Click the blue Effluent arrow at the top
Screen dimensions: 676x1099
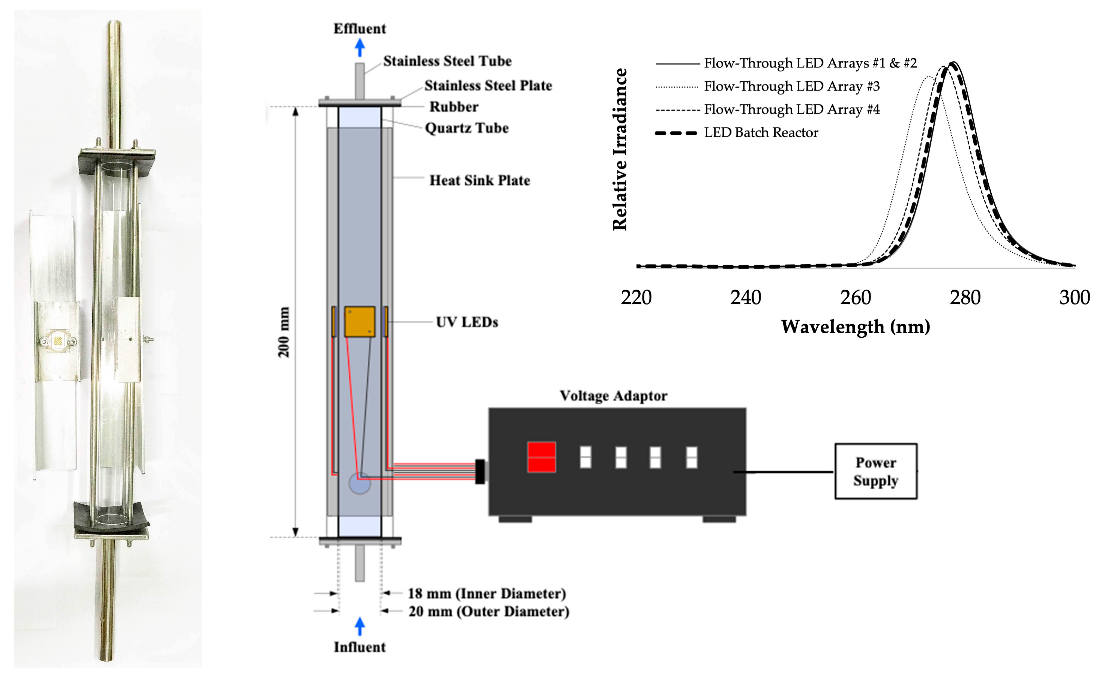[x=360, y=47]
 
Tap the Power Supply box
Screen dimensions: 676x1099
[x=875, y=471]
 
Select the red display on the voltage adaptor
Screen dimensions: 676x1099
[x=541, y=457]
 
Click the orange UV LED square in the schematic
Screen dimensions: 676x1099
[x=360, y=321]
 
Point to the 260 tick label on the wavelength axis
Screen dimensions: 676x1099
[x=855, y=298]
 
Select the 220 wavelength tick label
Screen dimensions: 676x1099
[x=636, y=298]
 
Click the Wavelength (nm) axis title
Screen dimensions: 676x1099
[x=855, y=327]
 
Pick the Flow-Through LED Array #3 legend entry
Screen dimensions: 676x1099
[x=791, y=86]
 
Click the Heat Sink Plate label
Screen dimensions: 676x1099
[x=480, y=180]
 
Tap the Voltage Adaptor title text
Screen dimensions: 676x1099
[x=613, y=396]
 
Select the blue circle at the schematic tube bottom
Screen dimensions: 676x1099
[x=360, y=483]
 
